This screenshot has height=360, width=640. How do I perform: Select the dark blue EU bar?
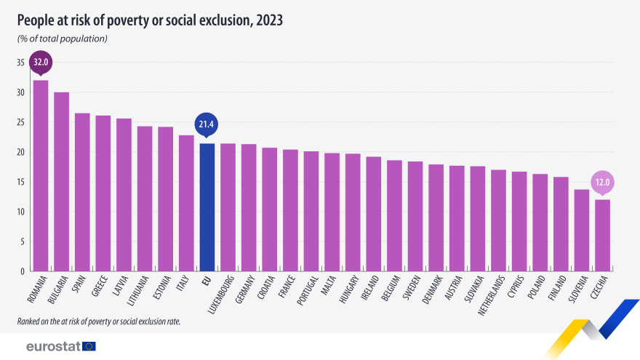pyautogui.click(x=207, y=207)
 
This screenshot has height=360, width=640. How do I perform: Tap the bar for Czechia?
pyautogui.click(x=603, y=236)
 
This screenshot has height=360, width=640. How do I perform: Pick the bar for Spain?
pyautogui.click(x=82, y=192)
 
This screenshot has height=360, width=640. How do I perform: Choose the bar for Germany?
pyautogui.click(x=249, y=208)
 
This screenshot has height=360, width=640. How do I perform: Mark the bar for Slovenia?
pyautogui.click(x=582, y=231)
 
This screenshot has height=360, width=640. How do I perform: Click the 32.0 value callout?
pyautogui.click(x=41, y=62)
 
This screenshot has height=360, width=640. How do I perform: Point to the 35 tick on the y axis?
pyautogui.click(x=20, y=63)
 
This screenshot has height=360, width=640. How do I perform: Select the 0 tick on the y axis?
pyautogui.click(x=23, y=271)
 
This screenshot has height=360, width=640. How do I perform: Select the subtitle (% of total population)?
pyautogui.click(x=62, y=38)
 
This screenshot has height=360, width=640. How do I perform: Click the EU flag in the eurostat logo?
pyautogui.click(x=89, y=346)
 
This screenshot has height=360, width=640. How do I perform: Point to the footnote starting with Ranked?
pyautogui.click(x=98, y=321)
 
